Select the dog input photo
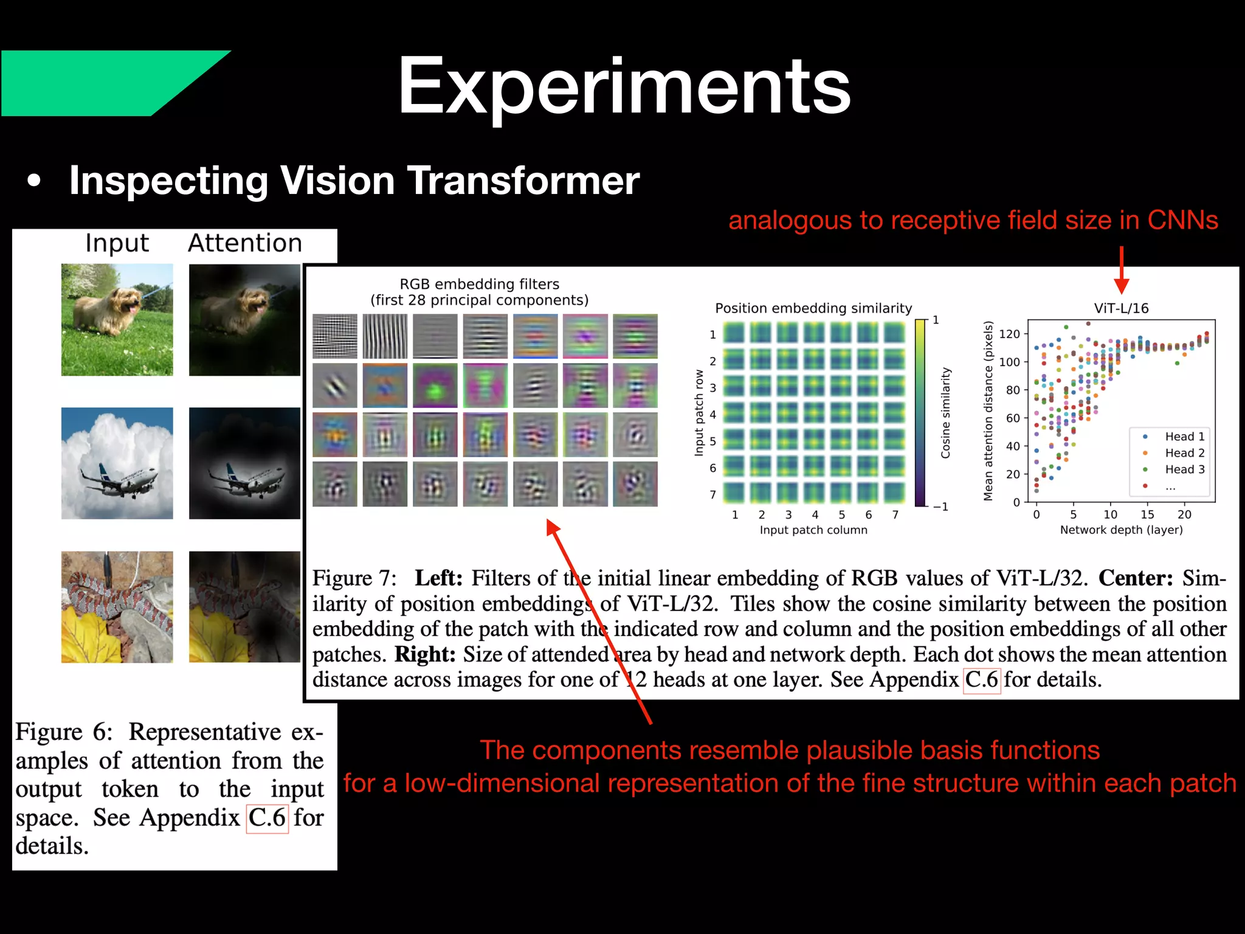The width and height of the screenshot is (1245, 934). click(117, 319)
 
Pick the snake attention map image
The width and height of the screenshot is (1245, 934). click(244, 607)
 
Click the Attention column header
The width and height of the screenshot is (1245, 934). click(245, 243)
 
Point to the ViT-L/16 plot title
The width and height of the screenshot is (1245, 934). click(1121, 308)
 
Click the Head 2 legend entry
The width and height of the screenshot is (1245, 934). click(1184, 453)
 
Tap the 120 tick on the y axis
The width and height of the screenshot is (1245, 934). click(1009, 334)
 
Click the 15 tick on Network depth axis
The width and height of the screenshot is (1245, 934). click(1147, 514)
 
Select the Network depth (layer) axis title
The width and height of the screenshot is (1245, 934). click(1121, 530)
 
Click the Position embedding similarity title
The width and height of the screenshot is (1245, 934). click(813, 308)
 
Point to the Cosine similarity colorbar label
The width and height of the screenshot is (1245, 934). click(945, 413)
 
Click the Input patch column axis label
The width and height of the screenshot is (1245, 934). click(813, 530)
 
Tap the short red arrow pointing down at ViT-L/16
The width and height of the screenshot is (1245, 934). click(1122, 271)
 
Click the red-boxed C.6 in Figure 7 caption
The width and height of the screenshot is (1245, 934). click(982, 679)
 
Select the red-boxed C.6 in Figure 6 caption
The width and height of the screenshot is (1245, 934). click(267, 818)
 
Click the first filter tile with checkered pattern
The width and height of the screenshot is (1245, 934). click(335, 336)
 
